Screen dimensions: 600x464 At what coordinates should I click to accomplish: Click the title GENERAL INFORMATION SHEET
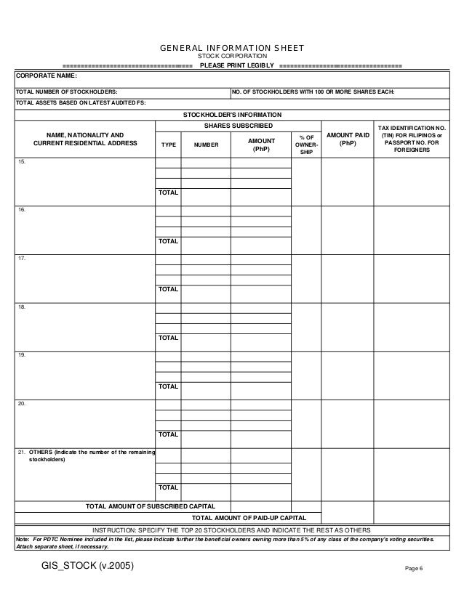(x=231, y=49)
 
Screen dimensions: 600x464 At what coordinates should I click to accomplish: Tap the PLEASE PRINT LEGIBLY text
(x=236, y=66)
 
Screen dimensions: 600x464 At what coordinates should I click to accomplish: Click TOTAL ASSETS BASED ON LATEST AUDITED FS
(x=81, y=102)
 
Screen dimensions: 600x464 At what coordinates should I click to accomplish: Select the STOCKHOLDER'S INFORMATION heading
(x=232, y=115)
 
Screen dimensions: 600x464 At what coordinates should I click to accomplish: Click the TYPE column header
(x=169, y=145)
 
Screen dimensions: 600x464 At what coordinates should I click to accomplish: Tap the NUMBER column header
(x=206, y=145)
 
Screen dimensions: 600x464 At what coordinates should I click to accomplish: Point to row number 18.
(x=22, y=307)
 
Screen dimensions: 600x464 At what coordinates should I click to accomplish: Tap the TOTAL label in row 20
(x=169, y=434)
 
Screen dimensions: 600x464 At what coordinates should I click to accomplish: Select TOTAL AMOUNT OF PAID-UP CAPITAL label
(x=249, y=517)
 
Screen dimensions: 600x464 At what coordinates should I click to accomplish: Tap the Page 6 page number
(x=414, y=567)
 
